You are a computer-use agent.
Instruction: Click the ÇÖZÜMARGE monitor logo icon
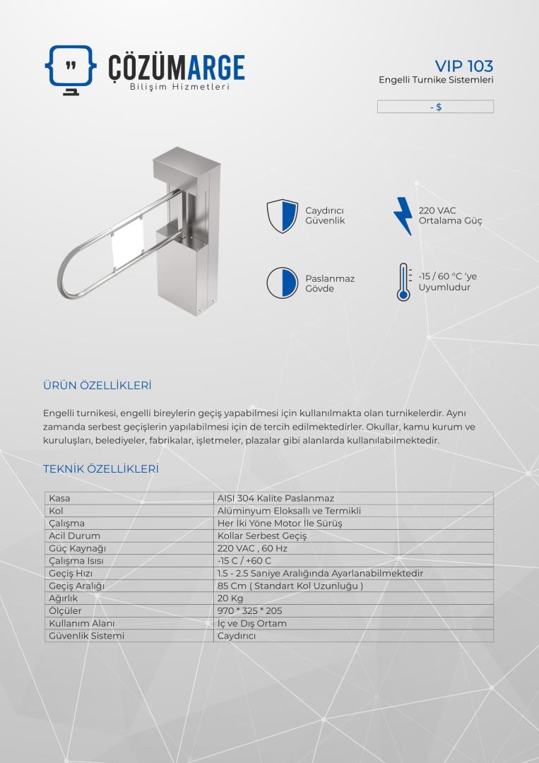71,69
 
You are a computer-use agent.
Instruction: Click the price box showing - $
435,107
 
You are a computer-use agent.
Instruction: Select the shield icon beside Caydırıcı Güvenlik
280,216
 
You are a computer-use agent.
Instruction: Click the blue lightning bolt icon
403,215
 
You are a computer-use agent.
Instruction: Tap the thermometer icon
403,283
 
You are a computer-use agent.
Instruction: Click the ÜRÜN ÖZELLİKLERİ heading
97,386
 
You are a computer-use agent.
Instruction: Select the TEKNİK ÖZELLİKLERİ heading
100,469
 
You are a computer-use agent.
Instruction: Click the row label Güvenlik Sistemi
86,636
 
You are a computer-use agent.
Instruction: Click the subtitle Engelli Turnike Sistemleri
436,80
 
